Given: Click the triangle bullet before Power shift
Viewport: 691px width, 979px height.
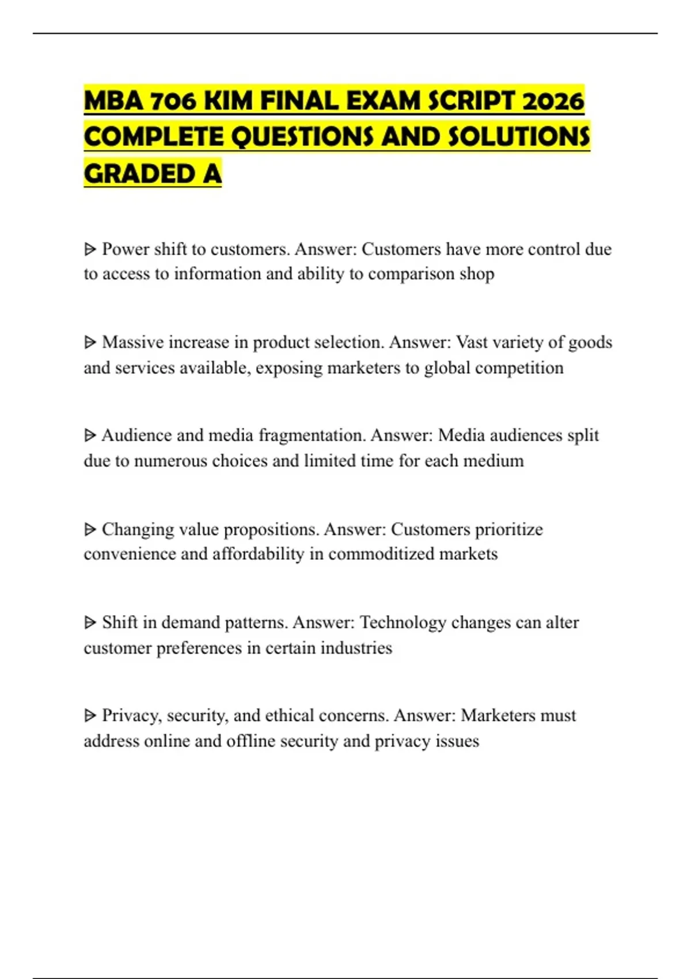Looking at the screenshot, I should (x=90, y=249).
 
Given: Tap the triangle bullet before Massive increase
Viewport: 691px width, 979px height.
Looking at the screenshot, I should (x=90, y=343).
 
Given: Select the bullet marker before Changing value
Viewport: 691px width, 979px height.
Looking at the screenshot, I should (x=90, y=529).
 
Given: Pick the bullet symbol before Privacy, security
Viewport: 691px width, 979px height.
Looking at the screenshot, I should (x=90, y=716).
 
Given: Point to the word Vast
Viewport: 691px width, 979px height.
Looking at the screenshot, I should (x=472, y=342).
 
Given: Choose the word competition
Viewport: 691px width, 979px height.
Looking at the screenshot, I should (x=519, y=367).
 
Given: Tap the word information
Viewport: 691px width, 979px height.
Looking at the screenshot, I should (x=218, y=274).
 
